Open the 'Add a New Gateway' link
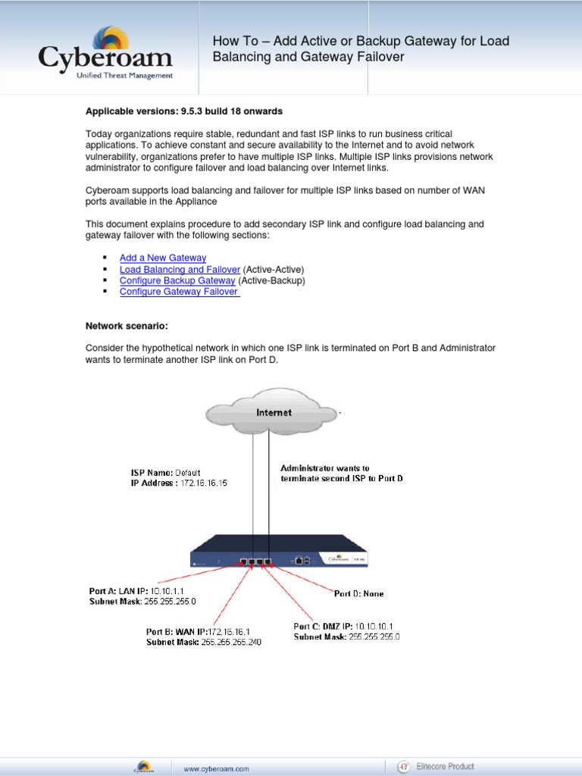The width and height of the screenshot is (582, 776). coord(162,258)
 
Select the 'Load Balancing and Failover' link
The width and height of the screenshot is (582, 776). coord(180,269)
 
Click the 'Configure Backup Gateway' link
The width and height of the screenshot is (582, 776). coord(177,280)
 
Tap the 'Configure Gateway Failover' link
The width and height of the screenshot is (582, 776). coord(179,292)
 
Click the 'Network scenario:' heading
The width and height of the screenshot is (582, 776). coord(127,326)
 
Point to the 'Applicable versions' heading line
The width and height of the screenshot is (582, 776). coord(183,111)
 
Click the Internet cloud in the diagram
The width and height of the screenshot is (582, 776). coord(272,412)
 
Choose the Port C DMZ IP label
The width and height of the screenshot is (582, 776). coord(346,626)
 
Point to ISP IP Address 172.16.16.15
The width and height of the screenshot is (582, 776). coord(179,483)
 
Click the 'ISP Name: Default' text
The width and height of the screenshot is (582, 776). coord(165,473)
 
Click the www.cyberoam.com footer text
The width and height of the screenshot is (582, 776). coord(216,768)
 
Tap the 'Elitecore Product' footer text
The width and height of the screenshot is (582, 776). coord(449,766)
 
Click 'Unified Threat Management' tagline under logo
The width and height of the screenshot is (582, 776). coord(124,76)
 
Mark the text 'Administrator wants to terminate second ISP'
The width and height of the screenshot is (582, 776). coord(341,474)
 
